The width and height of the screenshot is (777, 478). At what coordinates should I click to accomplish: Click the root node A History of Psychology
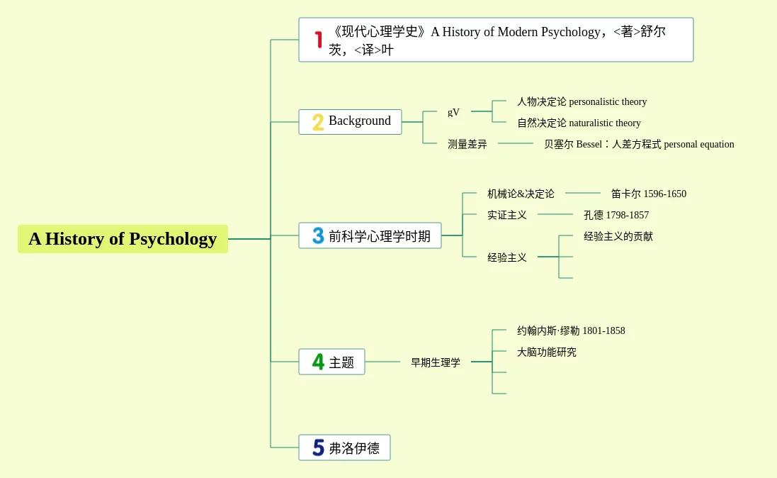(123, 239)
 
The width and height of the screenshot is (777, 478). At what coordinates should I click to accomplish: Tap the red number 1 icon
(319, 40)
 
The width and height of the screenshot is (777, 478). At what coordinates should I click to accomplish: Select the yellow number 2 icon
(318, 122)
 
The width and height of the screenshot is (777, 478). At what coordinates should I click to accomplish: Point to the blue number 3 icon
(318, 235)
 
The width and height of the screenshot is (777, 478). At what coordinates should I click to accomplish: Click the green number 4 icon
(318, 362)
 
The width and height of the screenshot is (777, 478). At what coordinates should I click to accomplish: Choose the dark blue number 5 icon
(318, 448)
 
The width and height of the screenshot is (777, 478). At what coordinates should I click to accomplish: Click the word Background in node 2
(360, 121)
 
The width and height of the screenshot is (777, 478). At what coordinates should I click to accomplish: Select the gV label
(453, 111)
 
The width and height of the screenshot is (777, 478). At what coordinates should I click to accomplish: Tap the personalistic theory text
(608, 101)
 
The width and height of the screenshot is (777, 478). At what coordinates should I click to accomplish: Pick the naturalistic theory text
(605, 123)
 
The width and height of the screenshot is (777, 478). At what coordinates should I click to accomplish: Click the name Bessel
(589, 145)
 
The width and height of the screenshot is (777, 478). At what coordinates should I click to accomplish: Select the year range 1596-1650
(665, 194)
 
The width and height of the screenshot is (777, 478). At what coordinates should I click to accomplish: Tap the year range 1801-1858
(603, 331)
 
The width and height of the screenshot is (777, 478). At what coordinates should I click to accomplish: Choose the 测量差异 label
(467, 145)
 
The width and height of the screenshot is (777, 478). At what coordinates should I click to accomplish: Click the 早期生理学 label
(436, 363)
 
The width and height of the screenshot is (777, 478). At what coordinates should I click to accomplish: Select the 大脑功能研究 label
(547, 352)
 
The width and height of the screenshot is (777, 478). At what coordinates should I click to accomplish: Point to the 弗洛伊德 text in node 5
(354, 448)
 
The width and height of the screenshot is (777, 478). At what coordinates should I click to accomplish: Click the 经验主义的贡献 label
(618, 237)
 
